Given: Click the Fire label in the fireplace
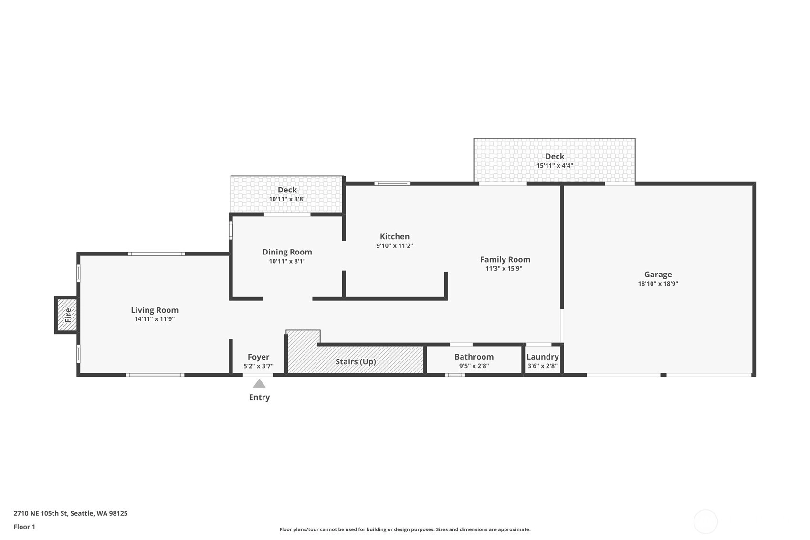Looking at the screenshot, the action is [x=68, y=315].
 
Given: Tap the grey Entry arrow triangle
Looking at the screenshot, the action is [x=259, y=383].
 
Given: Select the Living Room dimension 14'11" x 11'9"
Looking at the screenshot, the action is [x=154, y=319].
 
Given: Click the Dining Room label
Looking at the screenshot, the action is [x=287, y=252].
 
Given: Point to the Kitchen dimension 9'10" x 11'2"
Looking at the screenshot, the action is [x=395, y=245].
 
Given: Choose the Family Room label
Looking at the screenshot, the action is [x=505, y=259].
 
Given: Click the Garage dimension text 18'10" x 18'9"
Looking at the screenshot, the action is [x=658, y=284].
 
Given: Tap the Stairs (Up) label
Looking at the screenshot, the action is [x=356, y=362].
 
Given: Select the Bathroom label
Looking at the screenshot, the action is [x=473, y=357].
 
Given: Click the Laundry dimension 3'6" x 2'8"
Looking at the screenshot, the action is [x=542, y=366].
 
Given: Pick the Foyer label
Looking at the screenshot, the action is [x=258, y=357].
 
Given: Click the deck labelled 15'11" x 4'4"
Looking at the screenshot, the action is [x=555, y=160].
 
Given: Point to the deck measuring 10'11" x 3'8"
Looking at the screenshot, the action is [x=287, y=194].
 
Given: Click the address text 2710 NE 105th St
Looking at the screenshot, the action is [x=41, y=513].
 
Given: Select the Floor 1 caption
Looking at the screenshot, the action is [x=24, y=527].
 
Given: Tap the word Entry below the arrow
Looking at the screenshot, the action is [x=259, y=397].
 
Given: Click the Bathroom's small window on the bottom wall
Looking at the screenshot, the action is [x=455, y=375].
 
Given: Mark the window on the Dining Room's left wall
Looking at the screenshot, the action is [x=231, y=231].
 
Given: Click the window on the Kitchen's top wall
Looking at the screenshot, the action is [x=392, y=184].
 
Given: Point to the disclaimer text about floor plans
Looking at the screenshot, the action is [x=405, y=529].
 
